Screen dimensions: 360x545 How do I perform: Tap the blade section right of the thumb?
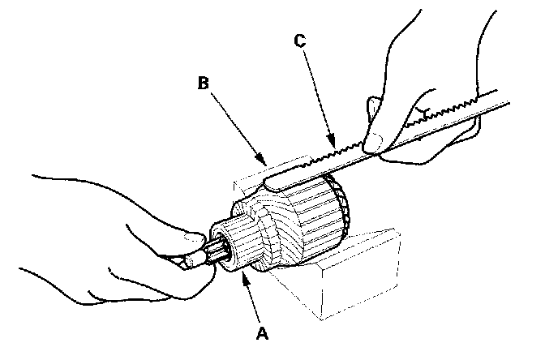pos(454,114)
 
